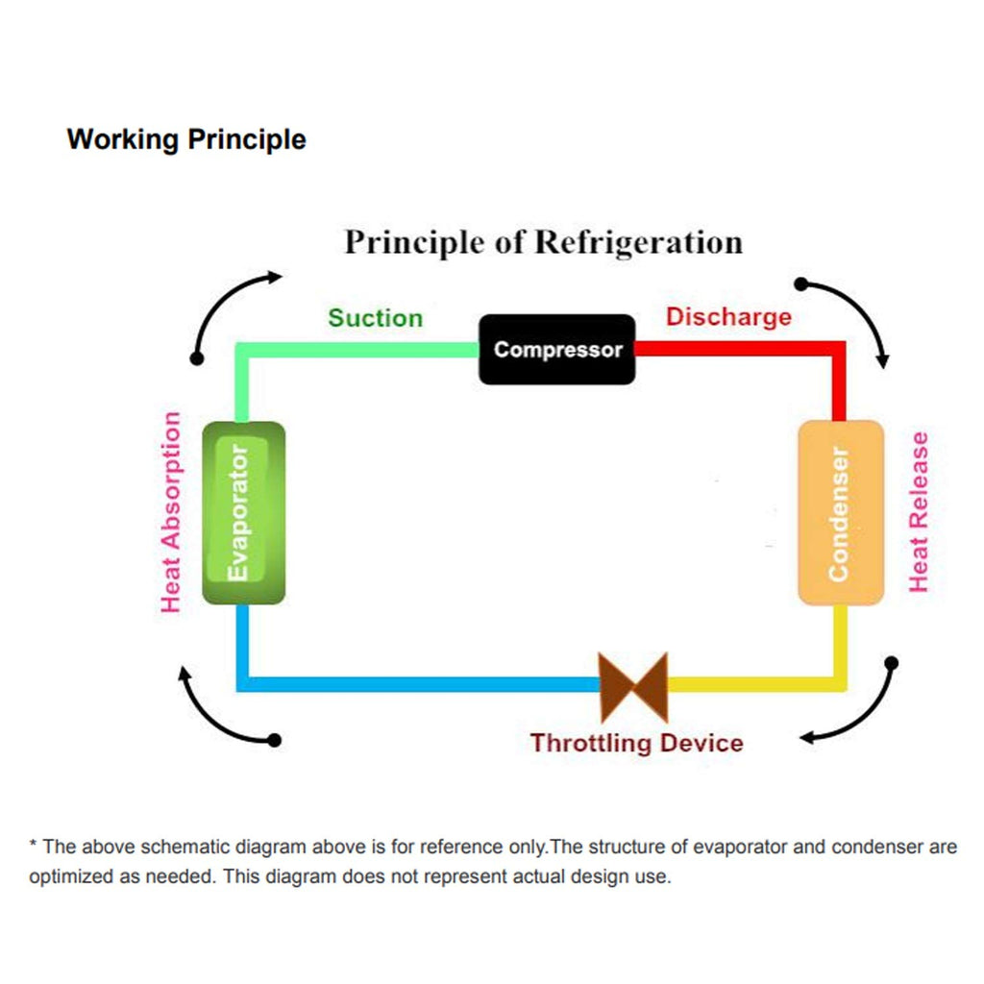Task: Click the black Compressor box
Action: [556, 350]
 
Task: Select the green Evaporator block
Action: [243, 513]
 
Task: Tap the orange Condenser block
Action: [841, 513]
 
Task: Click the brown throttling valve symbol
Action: [633, 687]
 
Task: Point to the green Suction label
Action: [376, 318]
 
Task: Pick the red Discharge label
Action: [728, 317]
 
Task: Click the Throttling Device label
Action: [636, 743]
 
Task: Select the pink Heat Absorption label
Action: [171, 512]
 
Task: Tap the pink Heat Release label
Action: [919, 512]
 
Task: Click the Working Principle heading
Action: [186, 139]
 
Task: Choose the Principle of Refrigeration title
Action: [544, 242]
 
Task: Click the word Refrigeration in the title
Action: [639, 242]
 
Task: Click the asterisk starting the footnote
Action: [33, 844]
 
